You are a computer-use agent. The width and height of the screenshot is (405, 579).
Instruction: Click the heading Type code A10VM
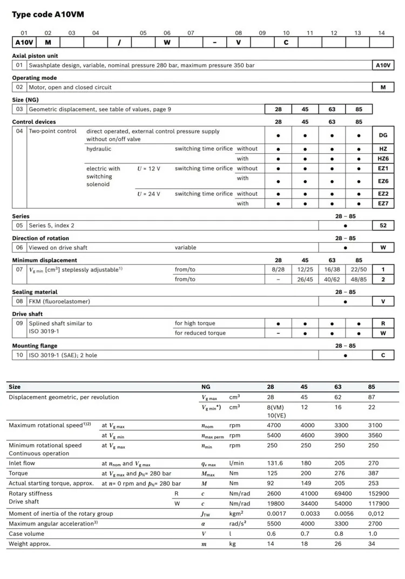(x=48, y=15)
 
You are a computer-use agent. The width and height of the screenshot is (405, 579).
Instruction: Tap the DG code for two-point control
(x=383, y=135)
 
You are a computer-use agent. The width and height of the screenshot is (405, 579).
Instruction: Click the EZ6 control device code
(x=383, y=181)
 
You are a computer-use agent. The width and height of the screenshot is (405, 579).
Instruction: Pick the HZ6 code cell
(x=383, y=159)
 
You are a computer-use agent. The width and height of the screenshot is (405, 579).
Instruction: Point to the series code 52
(x=383, y=226)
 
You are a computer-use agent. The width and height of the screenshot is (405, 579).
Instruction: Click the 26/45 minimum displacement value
(x=305, y=279)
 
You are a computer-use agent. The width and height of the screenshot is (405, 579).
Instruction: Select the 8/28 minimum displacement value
(x=278, y=269)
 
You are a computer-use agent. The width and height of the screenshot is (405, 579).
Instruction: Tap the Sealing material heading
(x=35, y=292)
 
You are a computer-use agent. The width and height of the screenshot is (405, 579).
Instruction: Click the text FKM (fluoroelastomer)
(x=59, y=302)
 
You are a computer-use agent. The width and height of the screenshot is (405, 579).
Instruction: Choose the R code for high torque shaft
(x=383, y=324)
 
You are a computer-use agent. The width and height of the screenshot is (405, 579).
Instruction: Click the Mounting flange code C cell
(x=383, y=356)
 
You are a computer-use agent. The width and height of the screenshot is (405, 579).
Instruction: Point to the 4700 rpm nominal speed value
(x=275, y=425)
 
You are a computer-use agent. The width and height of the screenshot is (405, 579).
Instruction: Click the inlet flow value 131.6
(x=275, y=464)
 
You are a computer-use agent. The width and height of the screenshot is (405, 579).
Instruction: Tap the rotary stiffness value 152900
(x=378, y=494)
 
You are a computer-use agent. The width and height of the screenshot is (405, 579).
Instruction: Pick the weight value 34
(x=372, y=544)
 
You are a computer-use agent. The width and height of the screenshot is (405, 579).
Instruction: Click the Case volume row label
(x=26, y=534)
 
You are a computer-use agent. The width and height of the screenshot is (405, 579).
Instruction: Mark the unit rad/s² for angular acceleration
(x=238, y=524)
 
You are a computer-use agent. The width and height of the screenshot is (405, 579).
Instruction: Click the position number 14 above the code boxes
(x=381, y=33)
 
